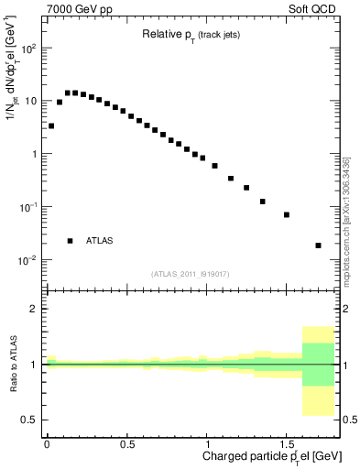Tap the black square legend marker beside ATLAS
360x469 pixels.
(70, 241)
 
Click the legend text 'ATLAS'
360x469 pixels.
(99, 241)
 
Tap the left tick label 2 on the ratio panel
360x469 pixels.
(34, 309)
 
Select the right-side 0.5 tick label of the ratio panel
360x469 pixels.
(348, 420)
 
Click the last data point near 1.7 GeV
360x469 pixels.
(318, 245)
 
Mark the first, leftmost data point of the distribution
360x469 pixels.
(51, 126)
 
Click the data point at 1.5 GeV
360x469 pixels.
(287, 214)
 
